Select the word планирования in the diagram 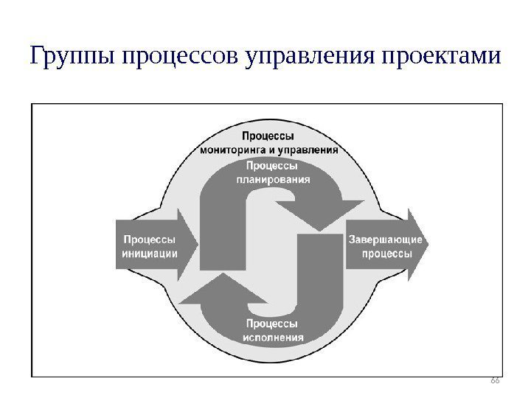(x=273, y=178)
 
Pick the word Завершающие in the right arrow (x=385, y=240)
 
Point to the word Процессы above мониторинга (x=268, y=136)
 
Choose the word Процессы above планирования (x=273, y=166)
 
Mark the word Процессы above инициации (x=149, y=240)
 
